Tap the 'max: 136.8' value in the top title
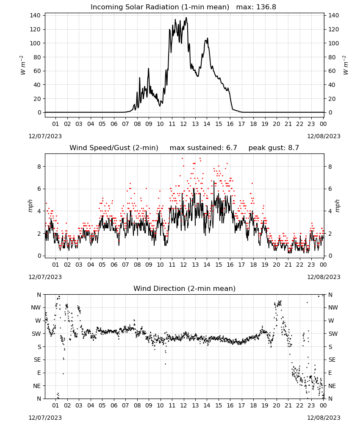point(256,7)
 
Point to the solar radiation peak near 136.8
point(186,18)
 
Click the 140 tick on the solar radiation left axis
point(35,15)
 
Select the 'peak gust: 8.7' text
point(274,148)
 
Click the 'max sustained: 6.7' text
point(203,148)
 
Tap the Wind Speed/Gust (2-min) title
point(114,148)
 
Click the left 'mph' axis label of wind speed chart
point(30,206)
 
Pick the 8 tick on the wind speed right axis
point(330,167)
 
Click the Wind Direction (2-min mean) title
point(185,288)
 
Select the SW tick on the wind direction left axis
point(36,334)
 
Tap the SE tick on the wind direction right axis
point(332,360)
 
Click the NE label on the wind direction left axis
point(37,386)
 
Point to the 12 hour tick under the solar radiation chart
point(184,124)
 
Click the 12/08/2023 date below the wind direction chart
point(324,418)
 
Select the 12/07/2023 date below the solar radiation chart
point(45,136)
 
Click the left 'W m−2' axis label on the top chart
point(23,65)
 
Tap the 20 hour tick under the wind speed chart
point(277,265)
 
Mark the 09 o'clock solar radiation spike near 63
point(149,69)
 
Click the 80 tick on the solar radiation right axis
point(332,57)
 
